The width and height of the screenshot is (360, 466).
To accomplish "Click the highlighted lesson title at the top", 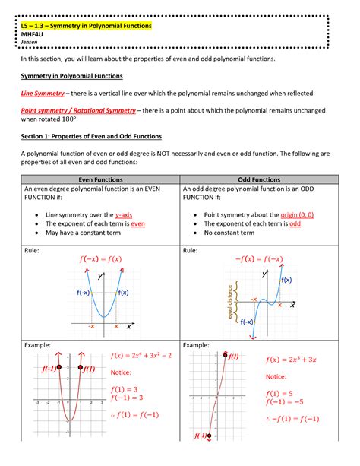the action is [86, 26].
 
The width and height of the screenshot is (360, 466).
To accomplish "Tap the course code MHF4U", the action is [32, 34].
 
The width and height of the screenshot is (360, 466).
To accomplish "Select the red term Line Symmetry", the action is [43, 94].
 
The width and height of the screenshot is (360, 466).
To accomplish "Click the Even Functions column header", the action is [100, 179].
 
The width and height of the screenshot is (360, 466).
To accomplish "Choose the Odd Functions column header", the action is [259, 179].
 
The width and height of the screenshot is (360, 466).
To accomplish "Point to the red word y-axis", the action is [124, 215].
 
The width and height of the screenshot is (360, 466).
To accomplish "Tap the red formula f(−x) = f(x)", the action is [101, 259].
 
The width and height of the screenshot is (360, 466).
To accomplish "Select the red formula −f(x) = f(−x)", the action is [259, 259].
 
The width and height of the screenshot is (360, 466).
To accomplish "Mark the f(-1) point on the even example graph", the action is [59, 367].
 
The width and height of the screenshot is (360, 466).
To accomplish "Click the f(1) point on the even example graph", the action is [81, 367].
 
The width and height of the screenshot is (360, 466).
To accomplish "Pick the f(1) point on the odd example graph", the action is [225, 355].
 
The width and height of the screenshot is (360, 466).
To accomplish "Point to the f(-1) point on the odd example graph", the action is [209, 436].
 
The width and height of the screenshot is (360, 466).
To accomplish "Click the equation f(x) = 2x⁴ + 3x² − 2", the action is [141, 356].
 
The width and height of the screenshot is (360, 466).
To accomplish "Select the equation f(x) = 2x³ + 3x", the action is [291, 360].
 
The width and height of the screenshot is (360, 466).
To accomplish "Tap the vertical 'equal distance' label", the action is [229, 302].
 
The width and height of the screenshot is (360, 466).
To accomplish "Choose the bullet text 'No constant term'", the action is [229, 233].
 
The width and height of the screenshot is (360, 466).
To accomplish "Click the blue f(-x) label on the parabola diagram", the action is [84, 293].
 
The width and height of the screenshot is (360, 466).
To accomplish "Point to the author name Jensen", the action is [29, 42].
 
